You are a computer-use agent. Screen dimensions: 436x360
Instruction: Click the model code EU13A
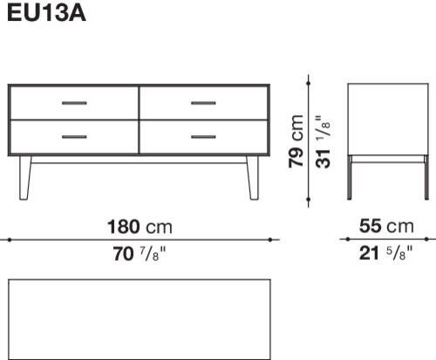(46, 13)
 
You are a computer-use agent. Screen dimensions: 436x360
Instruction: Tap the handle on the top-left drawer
(74, 103)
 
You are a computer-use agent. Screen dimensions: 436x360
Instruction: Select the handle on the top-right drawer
(203, 103)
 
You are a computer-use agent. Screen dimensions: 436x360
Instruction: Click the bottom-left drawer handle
(74, 137)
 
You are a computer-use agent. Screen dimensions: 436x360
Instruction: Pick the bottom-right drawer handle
(203, 137)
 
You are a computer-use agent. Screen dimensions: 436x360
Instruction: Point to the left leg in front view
(25, 178)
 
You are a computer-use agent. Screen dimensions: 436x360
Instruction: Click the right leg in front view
(253, 178)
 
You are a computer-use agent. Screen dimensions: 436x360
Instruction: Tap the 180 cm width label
(140, 227)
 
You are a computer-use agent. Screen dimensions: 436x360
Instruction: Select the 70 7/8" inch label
(140, 254)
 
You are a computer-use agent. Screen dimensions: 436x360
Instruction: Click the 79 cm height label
(296, 141)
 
